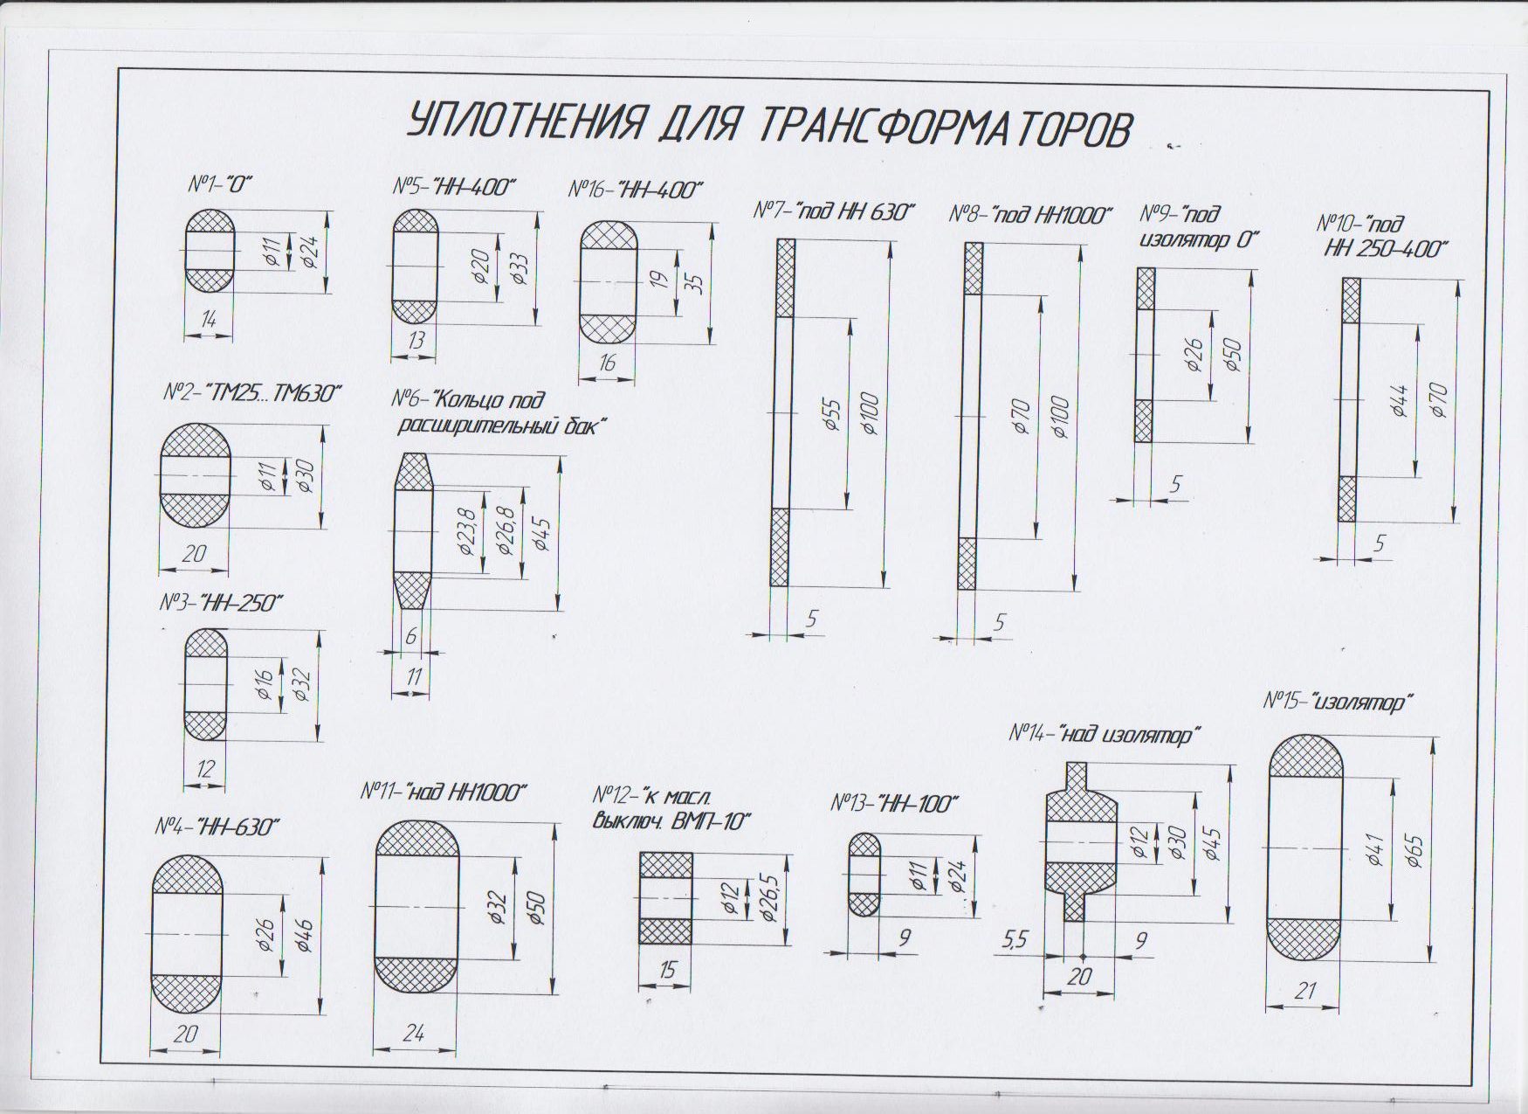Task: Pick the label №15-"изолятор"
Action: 1338,702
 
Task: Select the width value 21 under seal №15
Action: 1306,991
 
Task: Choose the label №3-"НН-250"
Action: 221,603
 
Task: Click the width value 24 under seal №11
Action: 414,1033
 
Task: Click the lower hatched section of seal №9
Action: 1144,421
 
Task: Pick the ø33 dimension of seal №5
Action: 520,267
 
